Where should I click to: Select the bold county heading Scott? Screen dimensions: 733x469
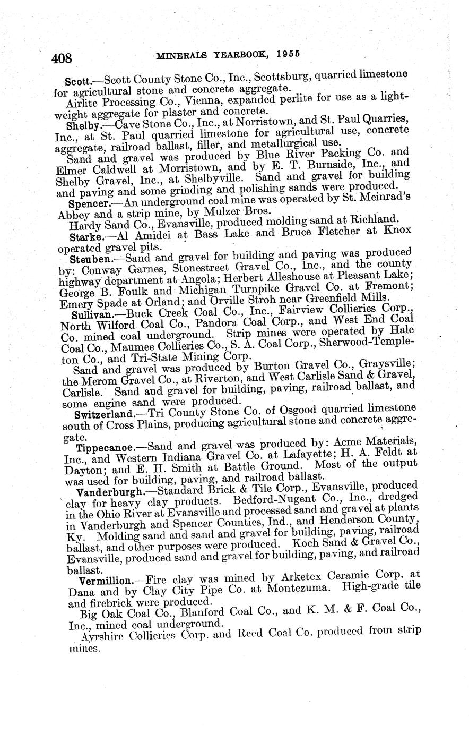[77, 82]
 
